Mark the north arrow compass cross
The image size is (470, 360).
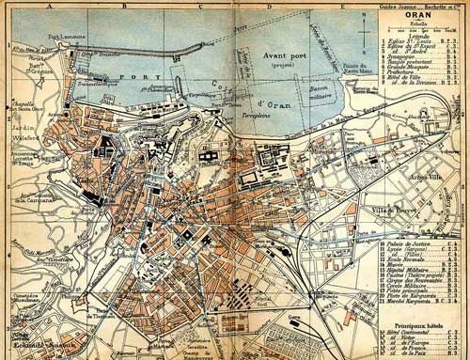tap(364, 27)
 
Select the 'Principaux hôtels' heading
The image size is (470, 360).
tap(419, 322)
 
